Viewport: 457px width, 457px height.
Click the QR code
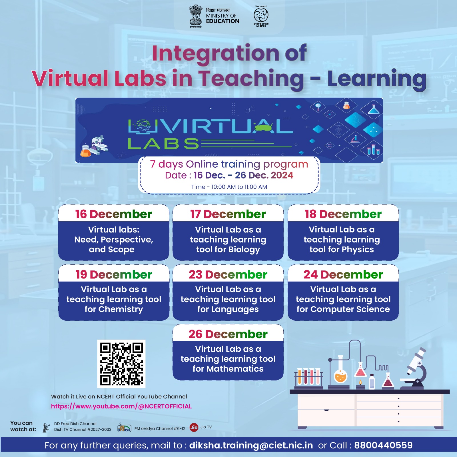click(121, 364)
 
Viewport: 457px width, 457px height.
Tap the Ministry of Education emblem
click(196, 16)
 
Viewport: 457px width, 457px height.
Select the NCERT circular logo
click(261, 15)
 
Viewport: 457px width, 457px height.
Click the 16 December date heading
click(113, 214)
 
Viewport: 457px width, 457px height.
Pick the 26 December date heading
click(228, 334)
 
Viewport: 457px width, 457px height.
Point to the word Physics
click(358, 250)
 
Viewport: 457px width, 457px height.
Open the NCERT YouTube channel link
click(121, 406)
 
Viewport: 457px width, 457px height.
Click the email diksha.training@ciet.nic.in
click(251, 445)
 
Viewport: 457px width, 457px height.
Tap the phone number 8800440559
click(383, 445)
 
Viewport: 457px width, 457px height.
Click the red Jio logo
click(194, 427)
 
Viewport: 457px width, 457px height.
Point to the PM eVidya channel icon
click(124, 428)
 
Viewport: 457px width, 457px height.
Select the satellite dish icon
click(46, 428)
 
